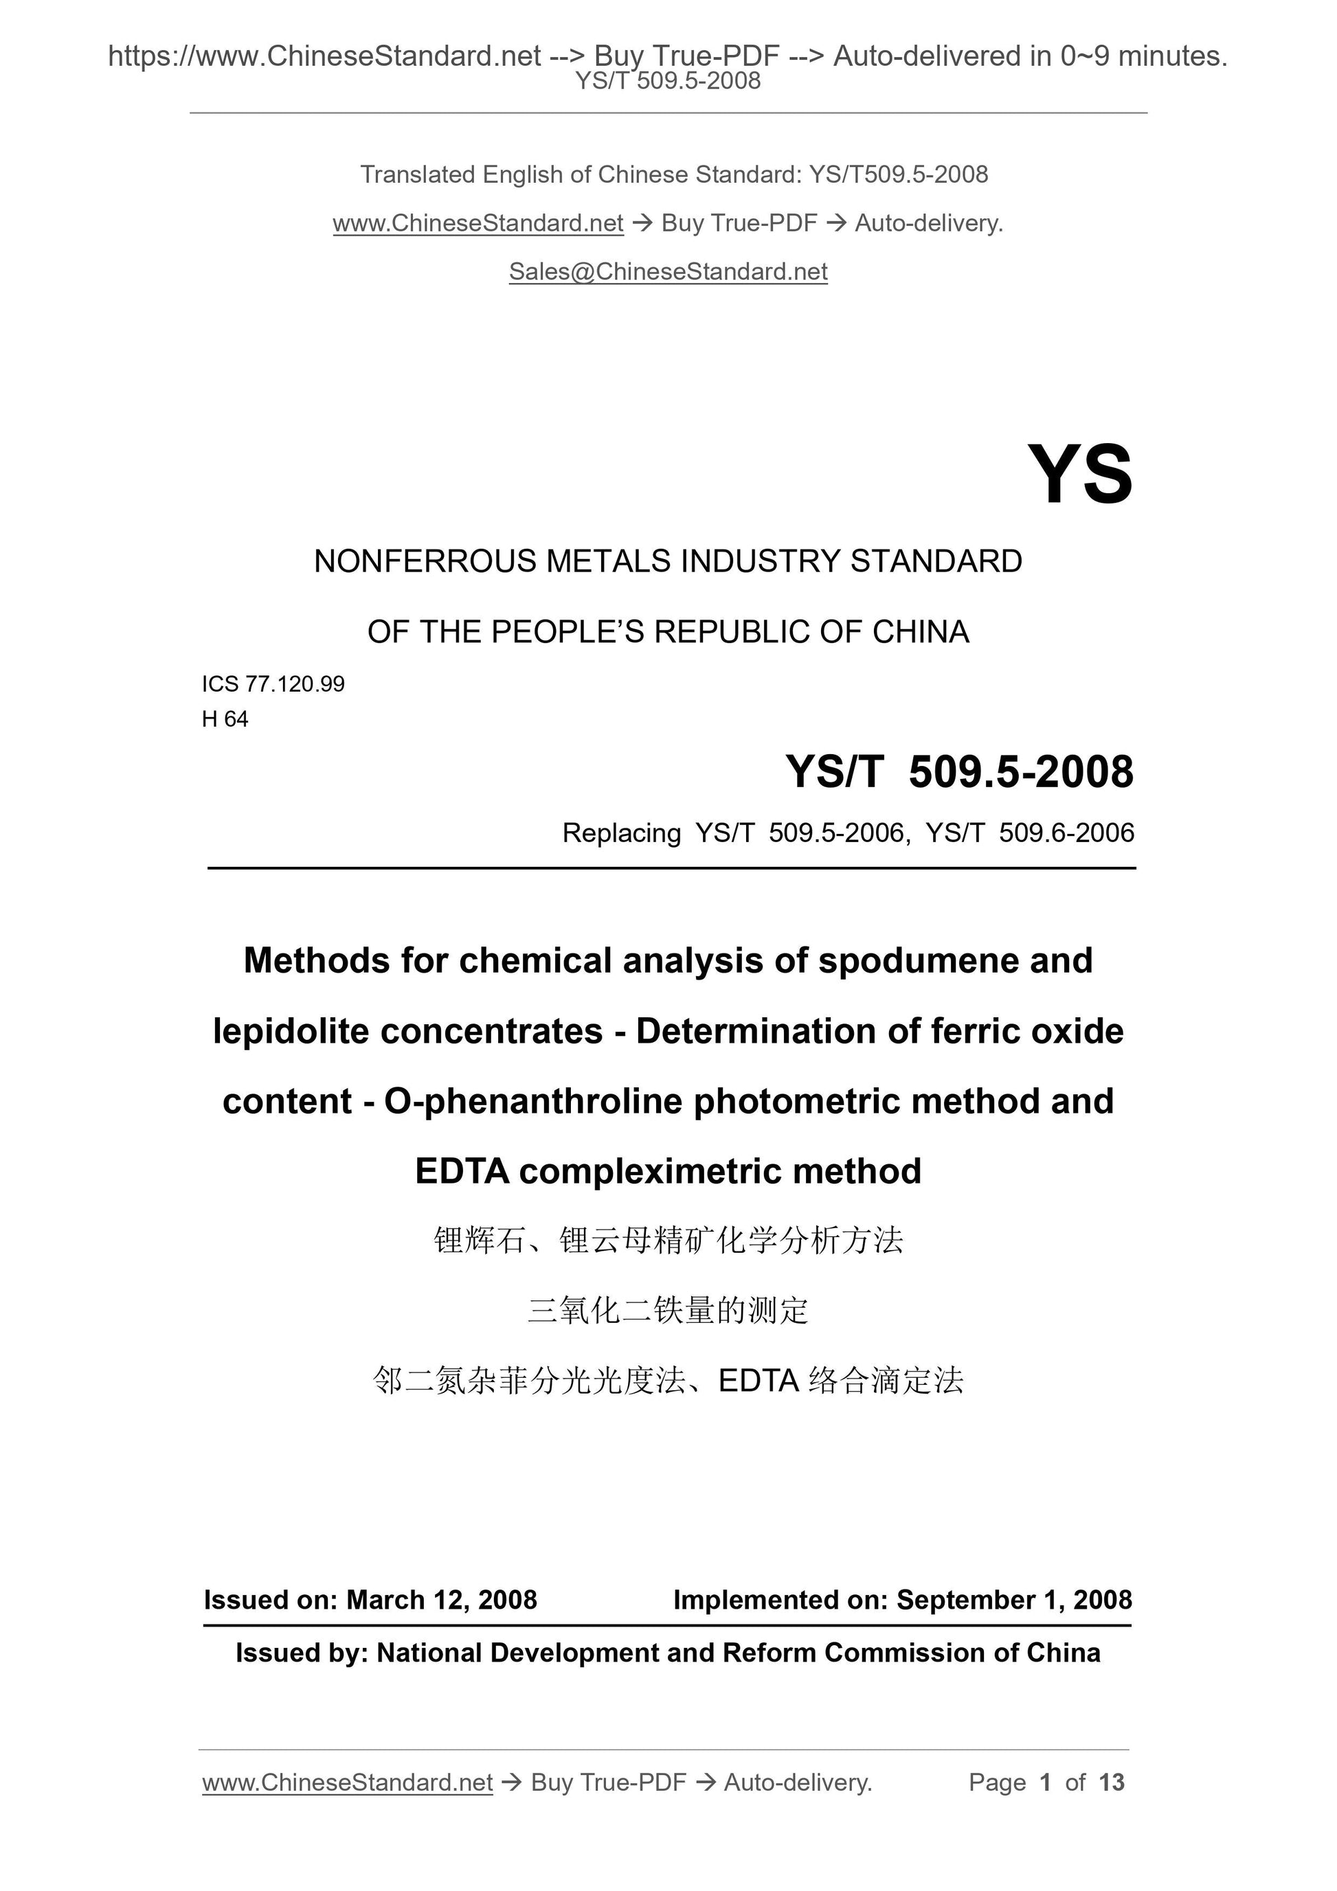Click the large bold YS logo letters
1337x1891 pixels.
click(x=1079, y=475)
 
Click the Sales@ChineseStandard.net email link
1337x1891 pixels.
click(x=668, y=272)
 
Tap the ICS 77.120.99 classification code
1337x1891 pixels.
click(x=273, y=683)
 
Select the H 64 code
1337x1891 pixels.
click(x=225, y=719)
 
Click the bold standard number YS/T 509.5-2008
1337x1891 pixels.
click(x=960, y=773)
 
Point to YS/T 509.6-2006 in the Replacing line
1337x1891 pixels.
click(x=1030, y=833)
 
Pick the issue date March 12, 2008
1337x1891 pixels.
click(x=442, y=1600)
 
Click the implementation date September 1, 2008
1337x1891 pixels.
click(x=1014, y=1600)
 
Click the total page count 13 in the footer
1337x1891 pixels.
click(x=1111, y=1782)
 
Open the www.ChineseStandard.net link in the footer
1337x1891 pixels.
click(x=347, y=1782)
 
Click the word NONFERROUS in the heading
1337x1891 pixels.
click(x=424, y=562)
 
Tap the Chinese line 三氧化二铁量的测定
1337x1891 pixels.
click(x=668, y=1311)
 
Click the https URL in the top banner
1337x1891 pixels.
click(x=324, y=56)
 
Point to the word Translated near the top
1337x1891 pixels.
click(x=417, y=174)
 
